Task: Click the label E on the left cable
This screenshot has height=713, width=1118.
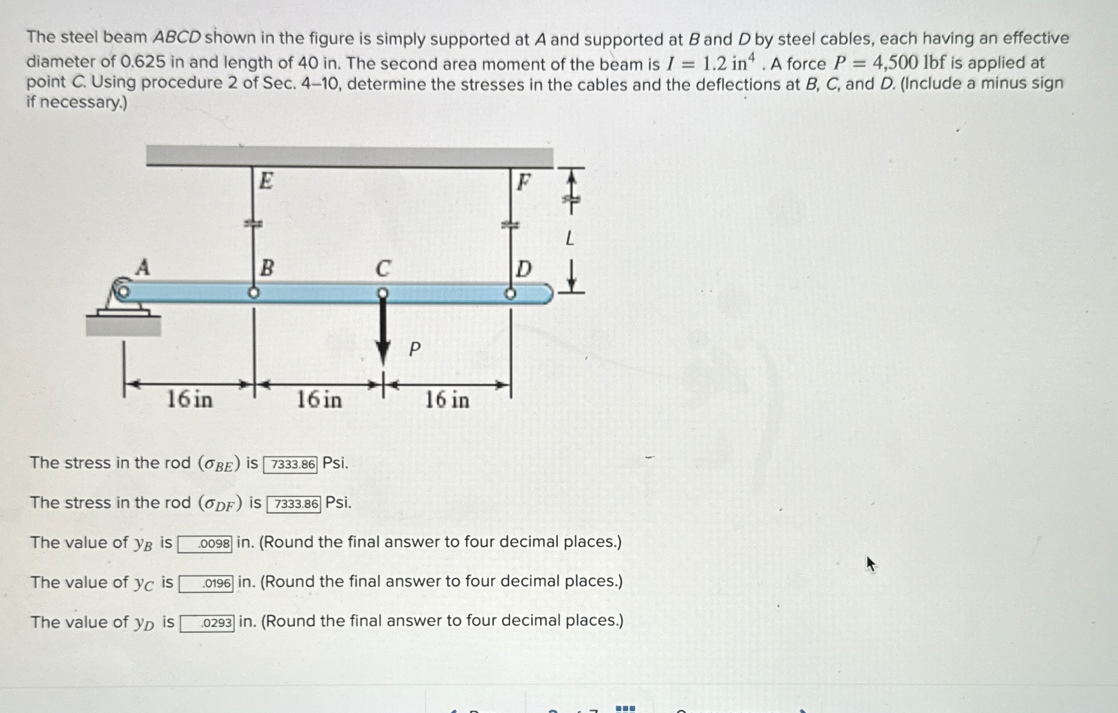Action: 266,181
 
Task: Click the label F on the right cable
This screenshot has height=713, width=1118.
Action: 523,183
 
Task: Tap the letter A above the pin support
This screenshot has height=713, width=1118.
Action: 142,267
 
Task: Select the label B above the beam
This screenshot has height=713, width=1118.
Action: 267,267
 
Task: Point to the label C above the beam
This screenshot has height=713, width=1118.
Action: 383,268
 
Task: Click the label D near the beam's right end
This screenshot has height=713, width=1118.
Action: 523,268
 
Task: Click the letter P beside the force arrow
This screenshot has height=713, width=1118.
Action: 414,349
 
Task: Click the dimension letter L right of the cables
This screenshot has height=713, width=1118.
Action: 569,239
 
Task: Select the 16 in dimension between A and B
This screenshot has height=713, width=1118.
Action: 189,400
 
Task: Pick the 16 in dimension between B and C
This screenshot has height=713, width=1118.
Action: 319,400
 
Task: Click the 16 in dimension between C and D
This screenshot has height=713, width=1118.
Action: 447,400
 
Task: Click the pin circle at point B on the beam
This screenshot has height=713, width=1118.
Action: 254,293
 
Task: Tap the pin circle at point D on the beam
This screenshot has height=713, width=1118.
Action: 511,294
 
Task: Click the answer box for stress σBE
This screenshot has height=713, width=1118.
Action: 290,465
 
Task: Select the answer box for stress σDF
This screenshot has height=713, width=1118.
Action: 293,504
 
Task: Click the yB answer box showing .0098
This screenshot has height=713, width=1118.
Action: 205,544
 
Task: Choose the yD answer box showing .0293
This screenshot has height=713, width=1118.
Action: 207,624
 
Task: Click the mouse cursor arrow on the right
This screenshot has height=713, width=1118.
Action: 870,564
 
